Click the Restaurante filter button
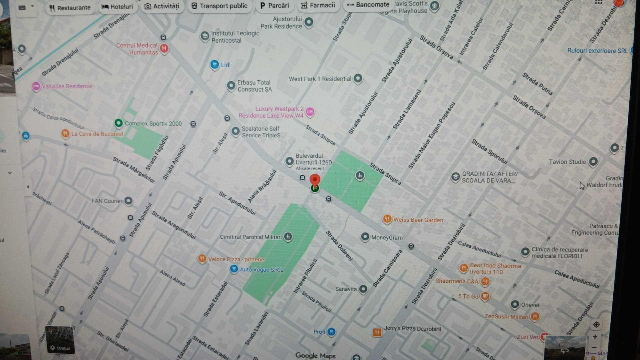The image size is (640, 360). [70, 8]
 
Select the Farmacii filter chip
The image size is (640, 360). [318, 5]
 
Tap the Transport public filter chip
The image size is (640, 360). [219, 6]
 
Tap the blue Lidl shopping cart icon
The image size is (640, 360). [214, 64]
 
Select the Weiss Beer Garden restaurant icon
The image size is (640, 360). [387, 219]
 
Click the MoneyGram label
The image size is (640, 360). [387, 238]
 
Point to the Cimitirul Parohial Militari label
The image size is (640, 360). [251, 237]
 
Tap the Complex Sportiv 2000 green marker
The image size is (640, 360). [118, 123]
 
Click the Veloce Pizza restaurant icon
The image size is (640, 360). [202, 259]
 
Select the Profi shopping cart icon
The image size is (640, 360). [331, 332]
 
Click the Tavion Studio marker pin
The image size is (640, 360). [593, 162]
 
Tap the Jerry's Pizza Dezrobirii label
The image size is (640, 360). [412, 329]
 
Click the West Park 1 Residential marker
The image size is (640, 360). [358, 78]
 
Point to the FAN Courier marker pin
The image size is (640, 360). [128, 201]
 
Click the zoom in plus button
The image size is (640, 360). [595, 337]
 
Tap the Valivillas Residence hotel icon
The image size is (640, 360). [36, 86]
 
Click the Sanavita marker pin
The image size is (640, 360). [363, 289]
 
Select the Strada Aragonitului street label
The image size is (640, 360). [174, 225]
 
